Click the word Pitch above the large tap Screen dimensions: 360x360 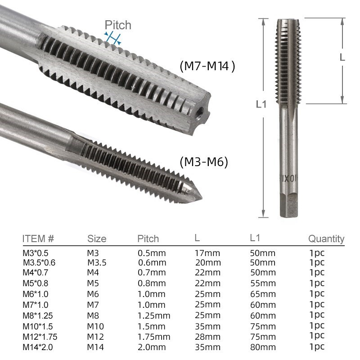[118, 25]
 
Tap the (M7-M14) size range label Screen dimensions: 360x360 [207, 67]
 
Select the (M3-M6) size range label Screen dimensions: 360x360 [204, 162]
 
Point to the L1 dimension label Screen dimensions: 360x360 [261, 104]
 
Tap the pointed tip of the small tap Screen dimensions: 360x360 [201, 198]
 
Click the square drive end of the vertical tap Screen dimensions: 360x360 [289, 205]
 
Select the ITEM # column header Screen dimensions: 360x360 [38, 238]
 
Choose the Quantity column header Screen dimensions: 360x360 [326, 239]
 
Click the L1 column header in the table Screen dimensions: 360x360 [255, 238]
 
